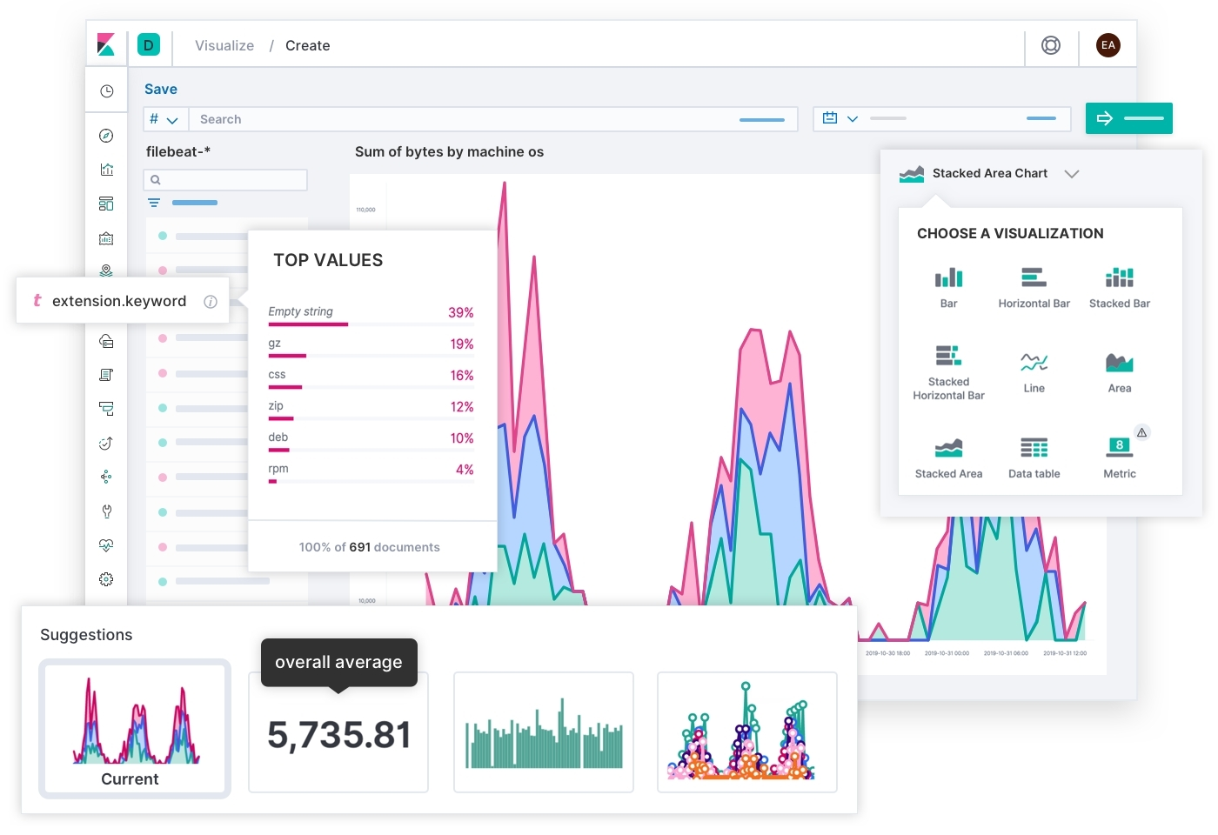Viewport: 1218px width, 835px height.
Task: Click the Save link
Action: [x=160, y=89]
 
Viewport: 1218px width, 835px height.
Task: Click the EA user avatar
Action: [x=1108, y=45]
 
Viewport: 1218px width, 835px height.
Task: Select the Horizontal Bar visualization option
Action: [x=1034, y=287]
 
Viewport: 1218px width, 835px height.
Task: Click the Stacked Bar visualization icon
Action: [x=1119, y=287]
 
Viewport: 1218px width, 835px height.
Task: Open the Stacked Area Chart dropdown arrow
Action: [x=1072, y=174]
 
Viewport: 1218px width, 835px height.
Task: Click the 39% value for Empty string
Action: [x=460, y=312]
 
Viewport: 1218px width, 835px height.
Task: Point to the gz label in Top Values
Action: [x=275, y=344]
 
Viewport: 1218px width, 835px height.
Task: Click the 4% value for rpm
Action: [x=465, y=470]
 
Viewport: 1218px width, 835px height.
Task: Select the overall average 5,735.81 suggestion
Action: [x=338, y=733]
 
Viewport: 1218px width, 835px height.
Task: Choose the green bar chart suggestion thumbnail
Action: [x=544, y=732]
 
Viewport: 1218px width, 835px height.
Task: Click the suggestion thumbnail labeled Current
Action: [x=135, y=729]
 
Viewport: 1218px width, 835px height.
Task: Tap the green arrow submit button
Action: [x=1128, y=118]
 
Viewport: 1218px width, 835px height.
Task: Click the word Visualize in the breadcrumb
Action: [x=224, y=45]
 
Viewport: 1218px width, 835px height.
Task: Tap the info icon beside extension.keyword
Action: [x=211, y=301]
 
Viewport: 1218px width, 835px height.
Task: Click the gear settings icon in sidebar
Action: [x=106, y=579]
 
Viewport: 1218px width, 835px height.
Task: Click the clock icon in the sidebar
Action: [x=106, y=91]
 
